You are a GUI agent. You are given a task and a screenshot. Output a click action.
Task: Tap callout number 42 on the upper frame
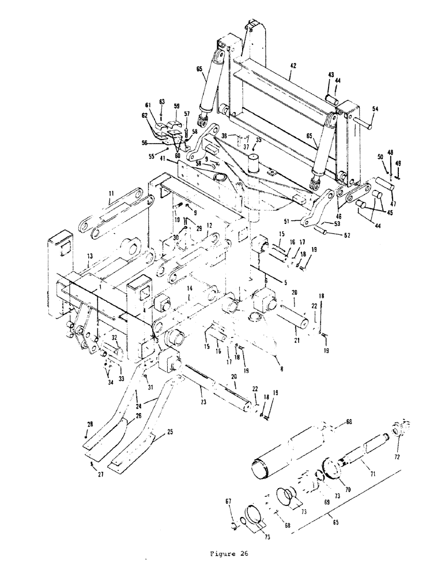coord(293,68)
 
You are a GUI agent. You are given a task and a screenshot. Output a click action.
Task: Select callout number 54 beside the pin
coord(375,108)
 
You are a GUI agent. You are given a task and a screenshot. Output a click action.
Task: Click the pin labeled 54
coord(366,122)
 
